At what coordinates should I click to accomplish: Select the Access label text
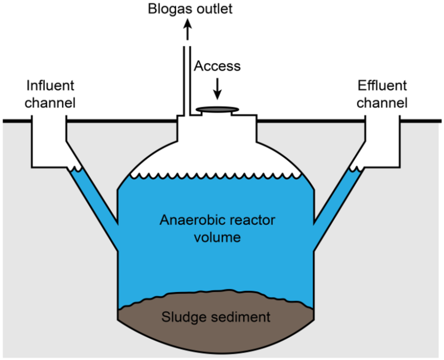(x=217, y=66)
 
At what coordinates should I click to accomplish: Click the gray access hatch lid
(x=217, y=110)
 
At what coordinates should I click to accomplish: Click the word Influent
(x=51, y=86)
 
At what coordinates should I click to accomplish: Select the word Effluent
(x=382, y=86)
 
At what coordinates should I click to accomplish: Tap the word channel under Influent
(x=51, y=102)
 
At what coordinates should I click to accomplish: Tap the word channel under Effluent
(x=382, y=102)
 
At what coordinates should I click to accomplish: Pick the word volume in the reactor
(x=217, y=237)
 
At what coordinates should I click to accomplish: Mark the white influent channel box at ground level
(x=49, y=142)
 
